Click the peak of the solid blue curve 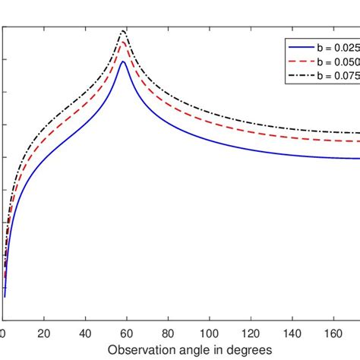tap(123, 62)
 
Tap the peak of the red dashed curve tap(123, 43)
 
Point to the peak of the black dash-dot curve tap(123, 30)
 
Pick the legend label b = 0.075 tap(336, 77)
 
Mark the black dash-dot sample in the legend tap(297, 77)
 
